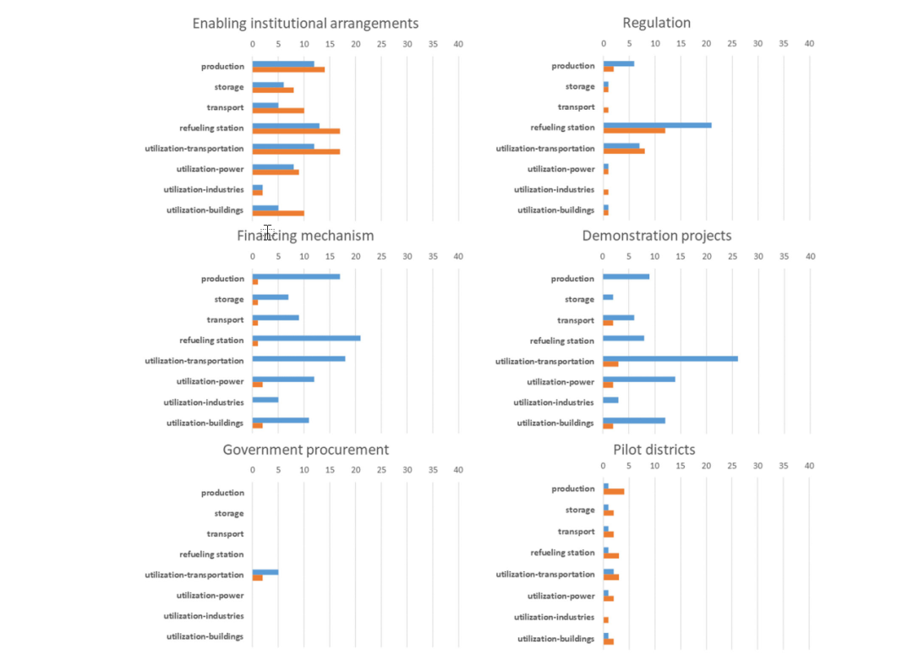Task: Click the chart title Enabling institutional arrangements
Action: (305, 23)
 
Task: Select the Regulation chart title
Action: (657, 23)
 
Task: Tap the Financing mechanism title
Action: (305, 235)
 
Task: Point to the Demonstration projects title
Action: (657, 235)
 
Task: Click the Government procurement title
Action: (305, 450)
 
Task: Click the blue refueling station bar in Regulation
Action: (657, 125)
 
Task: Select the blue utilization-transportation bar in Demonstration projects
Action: (670, 358)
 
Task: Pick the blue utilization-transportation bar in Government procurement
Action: (265, 572)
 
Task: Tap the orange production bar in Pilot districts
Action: (614, 491)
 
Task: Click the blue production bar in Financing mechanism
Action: (296, 276)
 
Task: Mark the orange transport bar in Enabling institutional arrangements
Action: (278, 111)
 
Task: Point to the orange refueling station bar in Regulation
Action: (634, 131)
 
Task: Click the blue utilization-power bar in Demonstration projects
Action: (638, 379)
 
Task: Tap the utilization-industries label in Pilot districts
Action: (554, 617)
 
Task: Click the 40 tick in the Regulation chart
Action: (809, 42)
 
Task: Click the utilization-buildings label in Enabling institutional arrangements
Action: (205, 210)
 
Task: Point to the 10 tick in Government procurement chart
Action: (303, 470)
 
